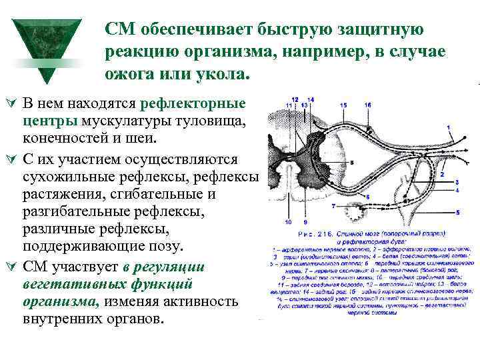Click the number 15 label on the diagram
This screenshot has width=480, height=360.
[343, 105]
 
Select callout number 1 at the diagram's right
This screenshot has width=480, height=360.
[447, 127]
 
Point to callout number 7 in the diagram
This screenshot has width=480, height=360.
[333, 206]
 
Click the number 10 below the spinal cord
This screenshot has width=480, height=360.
[287, 222]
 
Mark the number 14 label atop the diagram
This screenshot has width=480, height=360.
[311, 99]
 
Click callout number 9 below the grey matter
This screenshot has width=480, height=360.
[305, 222]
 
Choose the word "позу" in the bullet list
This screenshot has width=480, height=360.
[159, 247]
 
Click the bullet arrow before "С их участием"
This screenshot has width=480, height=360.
[10, 161]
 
